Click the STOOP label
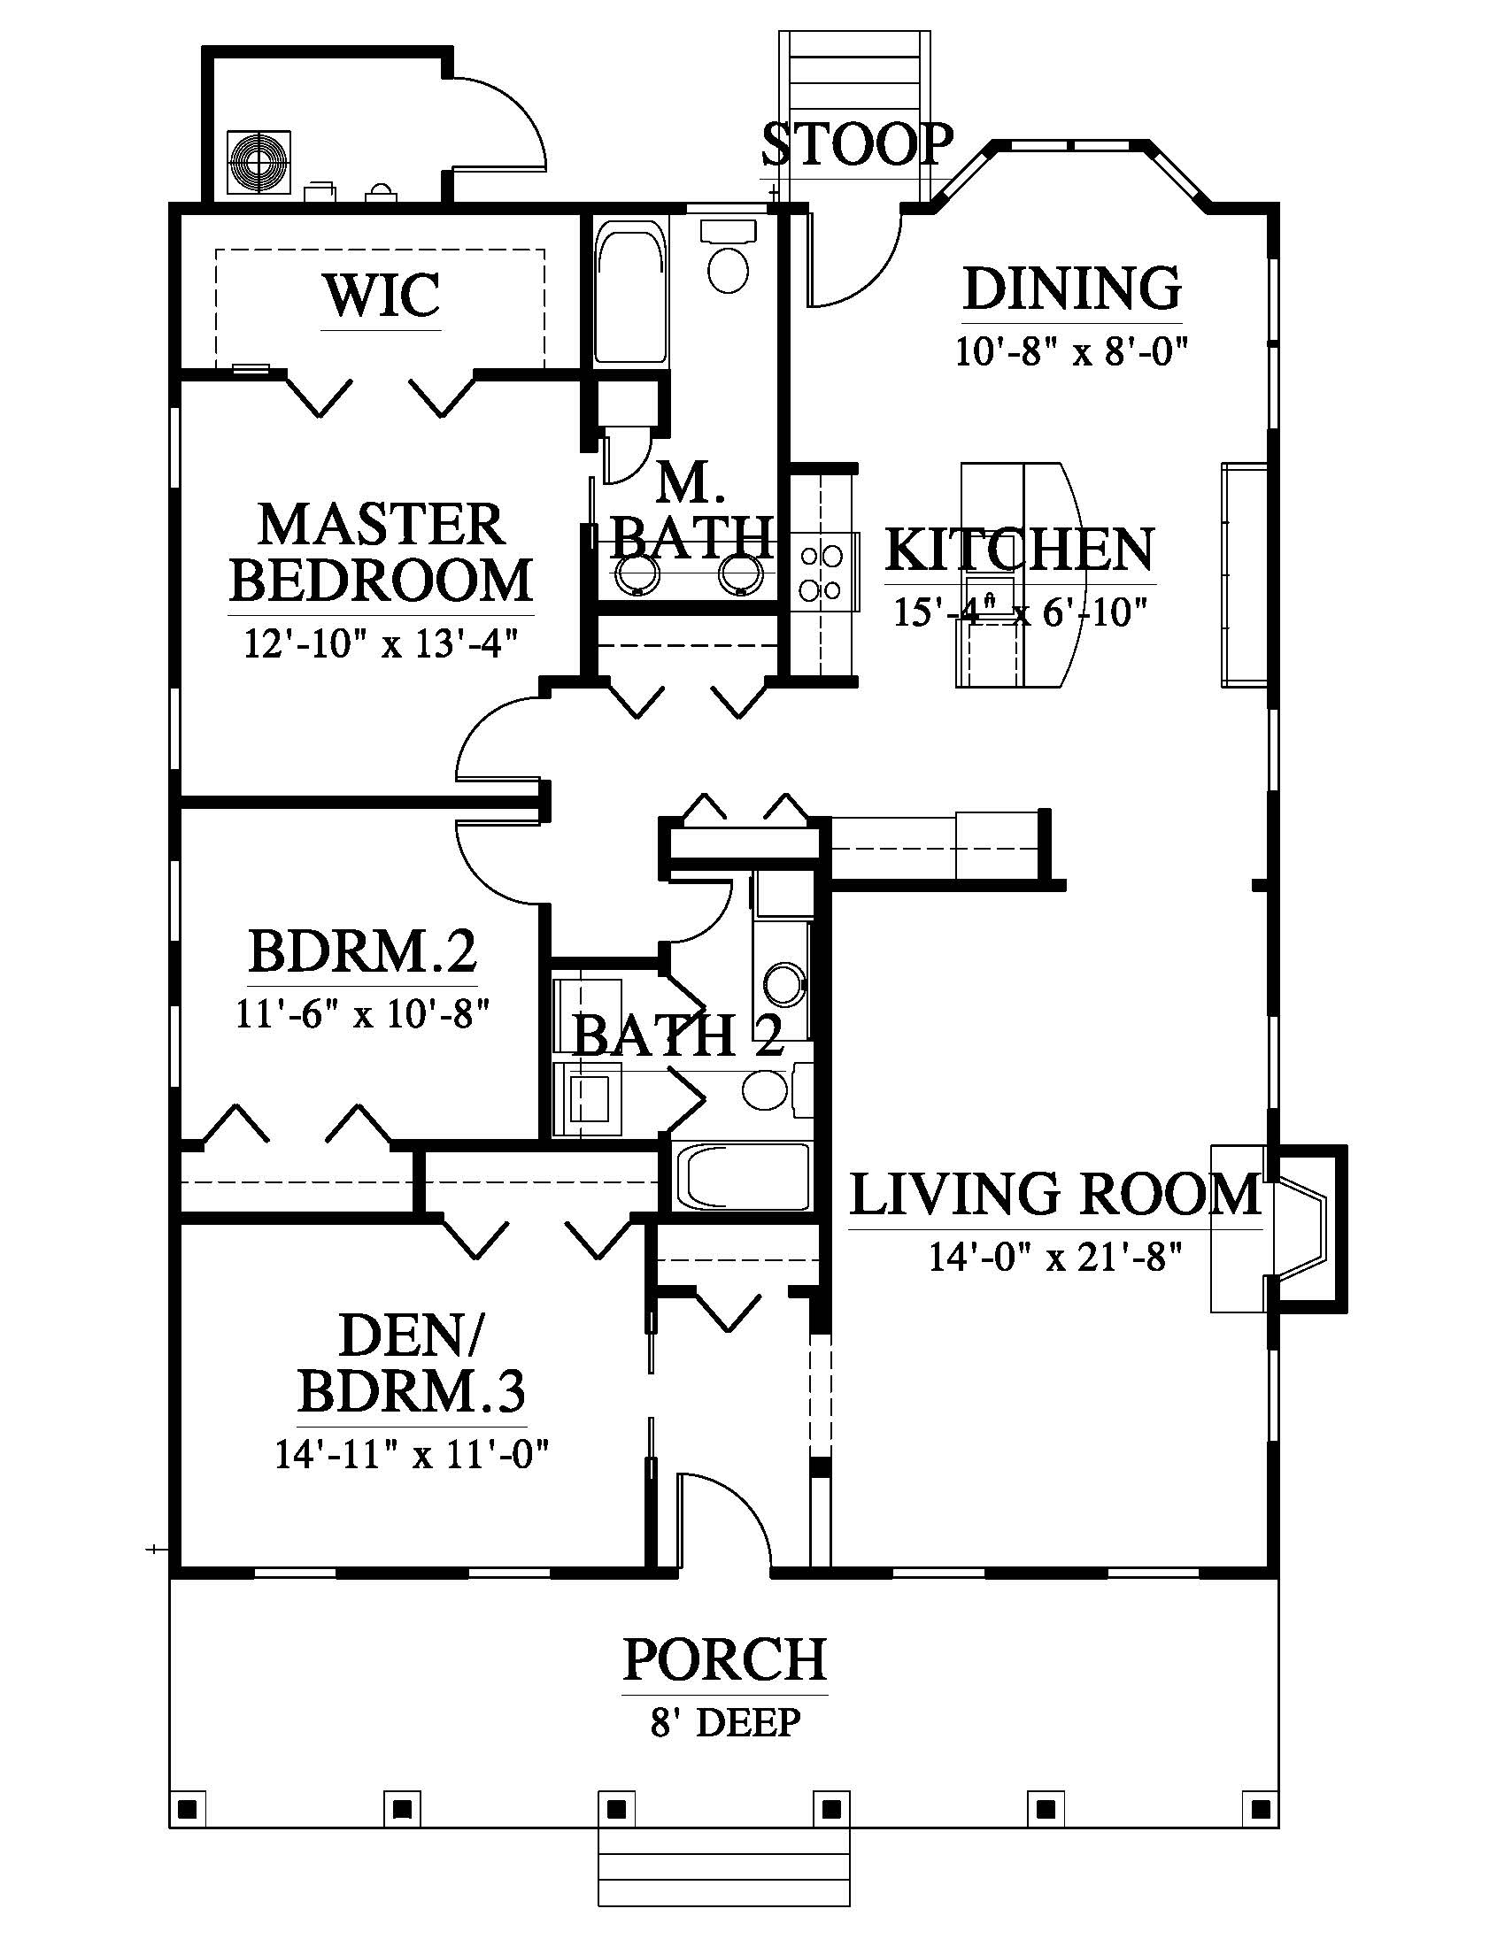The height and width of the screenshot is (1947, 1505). tap(857, 144)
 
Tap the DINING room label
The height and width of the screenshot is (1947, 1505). tap(1073, 288)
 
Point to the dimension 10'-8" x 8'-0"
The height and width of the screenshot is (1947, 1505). tap(1073, 351)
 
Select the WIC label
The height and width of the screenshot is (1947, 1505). tap(382, 295)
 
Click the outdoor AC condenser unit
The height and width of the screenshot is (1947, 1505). tap(259, 162)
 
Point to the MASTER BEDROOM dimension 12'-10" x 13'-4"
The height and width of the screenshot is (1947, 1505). tap(381, 642)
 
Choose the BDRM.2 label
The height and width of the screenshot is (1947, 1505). tap(362, 951)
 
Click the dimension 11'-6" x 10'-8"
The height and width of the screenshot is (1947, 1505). tap(363, 1013)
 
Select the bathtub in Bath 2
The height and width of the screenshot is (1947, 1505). tap(741, 1176)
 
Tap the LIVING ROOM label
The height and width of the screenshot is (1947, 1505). tap(1055, 1195)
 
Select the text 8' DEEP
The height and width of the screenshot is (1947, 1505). tap(725, 1722)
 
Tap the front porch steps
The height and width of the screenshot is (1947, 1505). tap(724, 1867)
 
